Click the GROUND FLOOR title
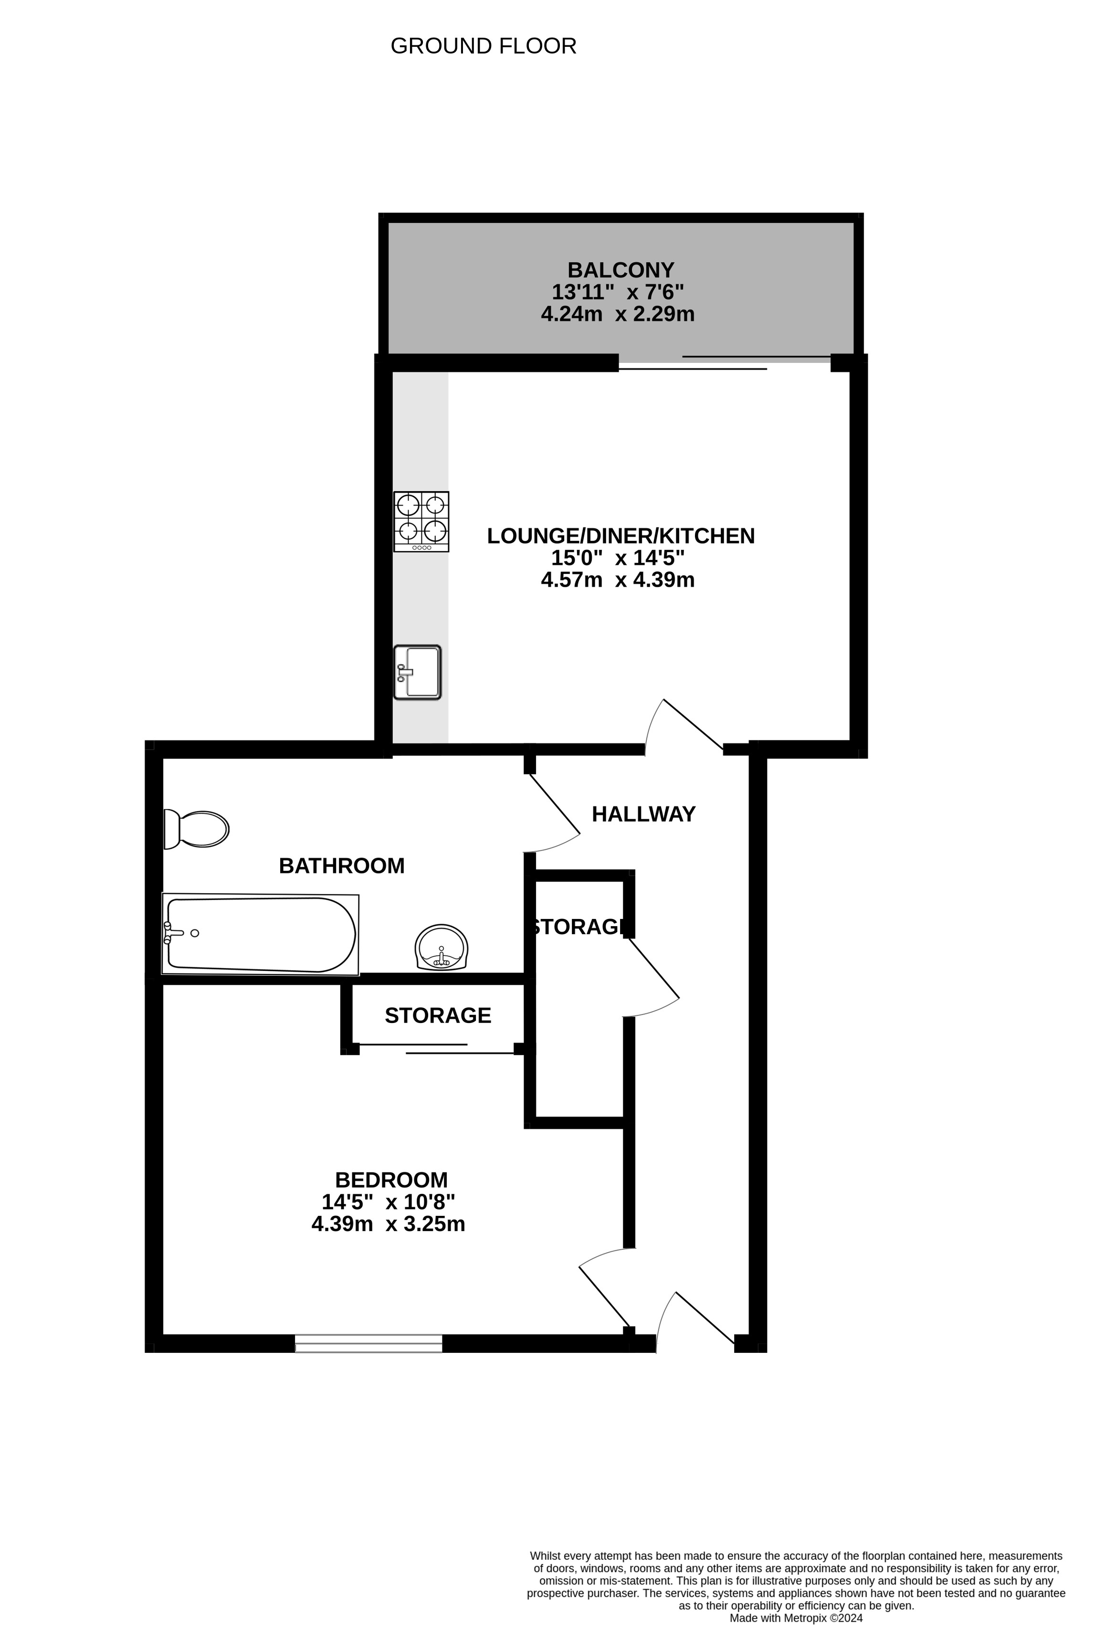[483, 46]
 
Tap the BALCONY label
[621, 270]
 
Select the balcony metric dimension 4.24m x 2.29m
[618, 314]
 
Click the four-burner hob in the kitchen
[421, 522]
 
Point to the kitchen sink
[417, 672]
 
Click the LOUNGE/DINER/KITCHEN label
[621, 536]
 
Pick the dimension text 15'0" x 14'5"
[618, 558]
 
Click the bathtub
[260, 934]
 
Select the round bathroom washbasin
[441, 948]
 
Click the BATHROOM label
[342, 865]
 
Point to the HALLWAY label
[644, 814]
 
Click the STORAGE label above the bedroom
[438, 1015]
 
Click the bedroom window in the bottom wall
[368, 1343]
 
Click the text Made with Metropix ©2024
[796, 1618]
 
